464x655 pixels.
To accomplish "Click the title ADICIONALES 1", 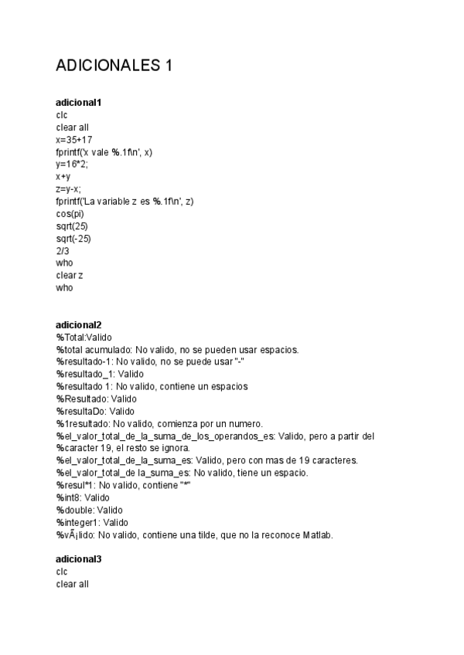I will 114,66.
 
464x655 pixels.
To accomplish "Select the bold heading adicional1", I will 79,102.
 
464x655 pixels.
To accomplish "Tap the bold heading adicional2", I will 79,324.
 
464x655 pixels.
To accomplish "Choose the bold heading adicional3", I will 79,558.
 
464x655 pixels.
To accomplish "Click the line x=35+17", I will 74,140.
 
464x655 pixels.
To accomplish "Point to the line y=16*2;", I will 72,165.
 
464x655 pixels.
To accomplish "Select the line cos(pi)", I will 70,214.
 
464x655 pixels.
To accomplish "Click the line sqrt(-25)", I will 73,239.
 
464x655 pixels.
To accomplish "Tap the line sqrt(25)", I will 71,226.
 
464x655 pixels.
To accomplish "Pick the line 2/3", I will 62,251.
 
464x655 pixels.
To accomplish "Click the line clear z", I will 70,276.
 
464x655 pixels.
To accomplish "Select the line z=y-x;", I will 68,189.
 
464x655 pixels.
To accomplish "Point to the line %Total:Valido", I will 84,337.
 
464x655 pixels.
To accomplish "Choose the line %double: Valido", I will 89,510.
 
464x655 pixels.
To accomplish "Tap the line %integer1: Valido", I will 92,522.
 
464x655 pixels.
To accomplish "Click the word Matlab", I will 318,535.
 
